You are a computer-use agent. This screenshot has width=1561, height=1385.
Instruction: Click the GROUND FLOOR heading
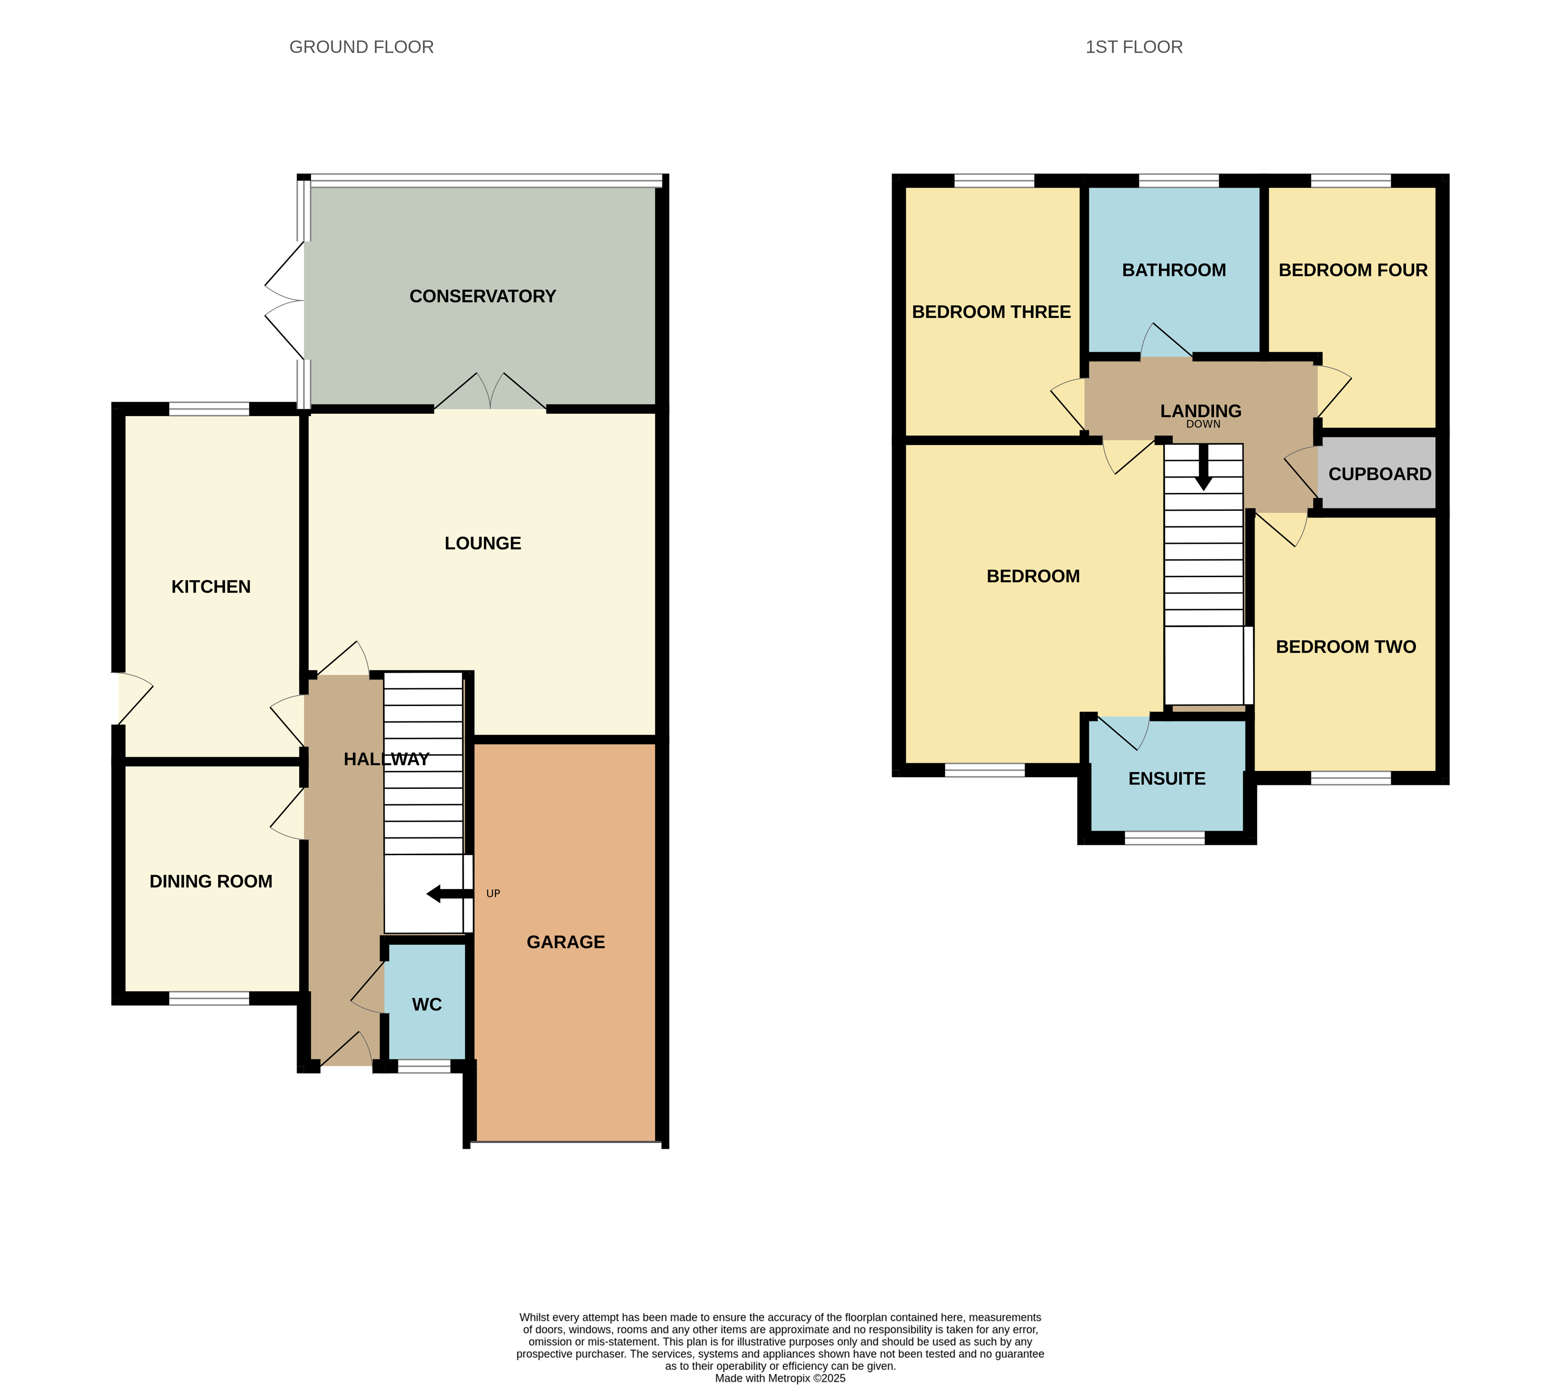[x=361, y=47]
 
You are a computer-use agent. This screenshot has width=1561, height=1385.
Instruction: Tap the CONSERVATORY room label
[x=482, y=296]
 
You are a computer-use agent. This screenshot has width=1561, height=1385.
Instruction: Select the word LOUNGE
[x=482, y=544]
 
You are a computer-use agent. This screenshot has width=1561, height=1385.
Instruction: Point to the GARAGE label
[x=565, y=942]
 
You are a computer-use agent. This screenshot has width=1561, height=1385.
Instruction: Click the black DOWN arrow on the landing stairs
[x=1204, y=467]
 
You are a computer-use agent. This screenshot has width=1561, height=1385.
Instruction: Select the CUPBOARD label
[x=1379, y=474]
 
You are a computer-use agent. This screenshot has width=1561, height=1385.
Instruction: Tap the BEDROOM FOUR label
[x=1353, y=270]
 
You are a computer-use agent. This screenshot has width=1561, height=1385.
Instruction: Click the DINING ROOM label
[x=211, y=882]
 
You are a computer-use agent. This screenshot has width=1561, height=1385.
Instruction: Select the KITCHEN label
[x=211, y=587]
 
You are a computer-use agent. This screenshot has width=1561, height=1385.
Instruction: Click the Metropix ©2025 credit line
[x=780, y=1378]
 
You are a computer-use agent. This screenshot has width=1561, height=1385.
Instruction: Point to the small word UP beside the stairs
[x=493, y=893]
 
